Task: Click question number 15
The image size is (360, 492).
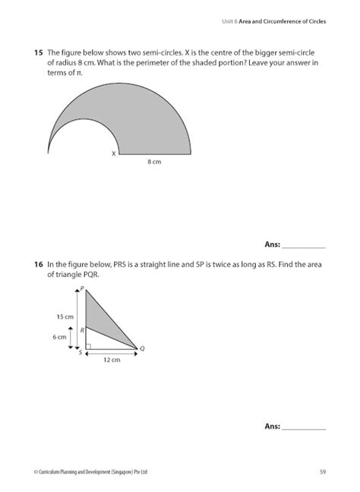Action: (37, 53)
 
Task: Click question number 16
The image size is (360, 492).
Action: (37, 265)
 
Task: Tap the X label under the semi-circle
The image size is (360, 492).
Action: (113, 153)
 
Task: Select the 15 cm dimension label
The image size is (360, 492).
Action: (64, 316)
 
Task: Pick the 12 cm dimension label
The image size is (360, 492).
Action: (112, 360)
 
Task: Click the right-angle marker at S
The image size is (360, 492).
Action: (89, 347)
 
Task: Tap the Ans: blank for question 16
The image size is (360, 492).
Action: (304, 427)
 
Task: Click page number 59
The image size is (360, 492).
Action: (323, 471)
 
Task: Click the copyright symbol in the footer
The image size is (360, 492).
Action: (36, 471)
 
